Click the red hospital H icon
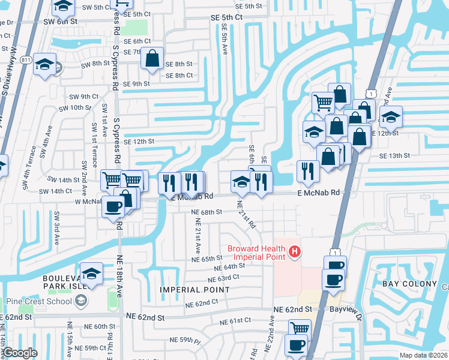[x=294, y=253]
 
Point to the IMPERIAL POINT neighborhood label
[x=194, y=290]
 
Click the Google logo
[x=20, y=353]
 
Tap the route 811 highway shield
[x=25, y=60]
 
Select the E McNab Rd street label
[x=319, y=193]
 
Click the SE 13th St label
[x=394, y=155]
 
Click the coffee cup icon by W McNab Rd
[x=113, y=207]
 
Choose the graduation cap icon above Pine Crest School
[x=91, y=274]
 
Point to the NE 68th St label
[x=206, y=212]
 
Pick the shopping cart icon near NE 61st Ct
[x=300, y=328]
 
